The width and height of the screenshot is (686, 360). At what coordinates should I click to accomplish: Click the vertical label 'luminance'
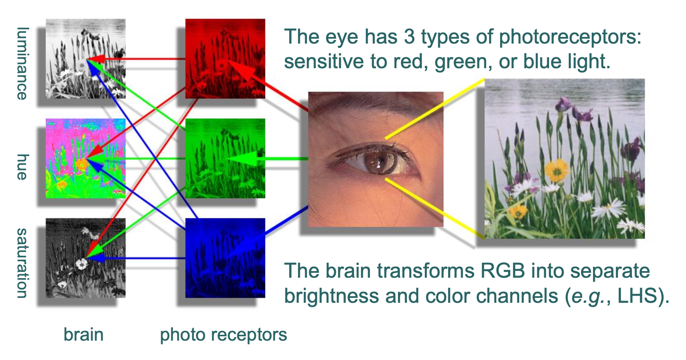pyautogui.click(x=22, y=63)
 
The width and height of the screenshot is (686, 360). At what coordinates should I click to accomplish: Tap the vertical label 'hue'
pyautogui.click(x=22, y=167)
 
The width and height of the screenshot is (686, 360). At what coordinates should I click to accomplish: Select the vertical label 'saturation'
pyautogui.click(x=22, y=263)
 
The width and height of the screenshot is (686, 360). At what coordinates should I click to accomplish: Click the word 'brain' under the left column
pyautogui.click(x=83, y=334)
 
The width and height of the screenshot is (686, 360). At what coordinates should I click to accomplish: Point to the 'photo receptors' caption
pyautogui.click(x=223, y=335)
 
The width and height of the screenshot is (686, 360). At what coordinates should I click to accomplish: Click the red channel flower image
pyautogui.click(x=225, y=59)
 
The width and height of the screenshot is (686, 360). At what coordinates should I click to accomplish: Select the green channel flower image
pyautogui.click(x=225, y=158)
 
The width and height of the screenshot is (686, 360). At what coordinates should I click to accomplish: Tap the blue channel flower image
pyautogui.click(x=225, y=258)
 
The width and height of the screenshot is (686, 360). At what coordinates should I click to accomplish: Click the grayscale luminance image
pyautogui.click(x=85, y=59)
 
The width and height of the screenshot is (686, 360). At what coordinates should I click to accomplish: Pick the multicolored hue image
pyautogui.click(x=85, y=158)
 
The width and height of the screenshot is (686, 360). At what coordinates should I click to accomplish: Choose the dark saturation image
pyautogui.click(x=85, y=258)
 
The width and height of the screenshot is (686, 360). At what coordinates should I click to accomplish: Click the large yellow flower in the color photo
pyautogui.click(x=557, y=170)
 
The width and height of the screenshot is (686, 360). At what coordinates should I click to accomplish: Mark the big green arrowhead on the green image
pyautogui.click(x=242, y=158)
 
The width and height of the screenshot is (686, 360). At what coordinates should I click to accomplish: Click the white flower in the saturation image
pyautogui.click(x=82, y=264)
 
